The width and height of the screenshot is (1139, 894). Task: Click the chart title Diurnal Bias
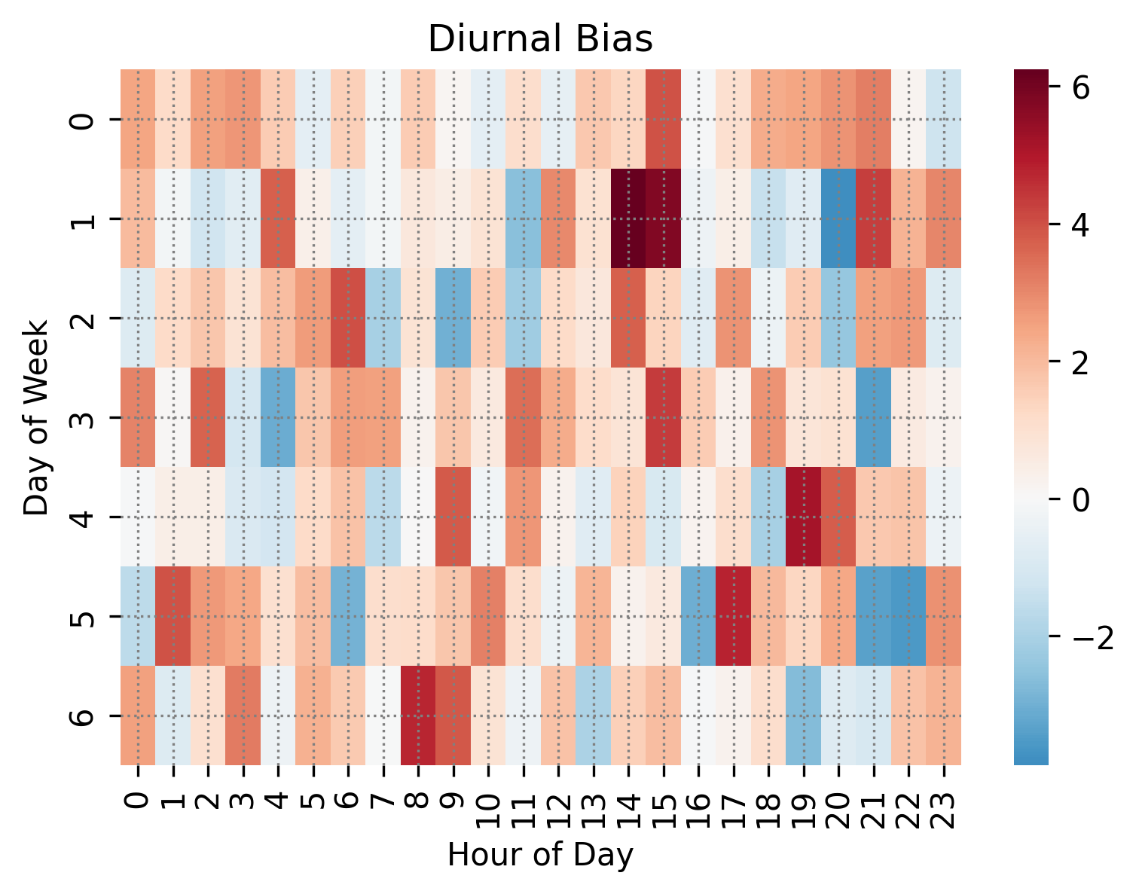coord(540,40)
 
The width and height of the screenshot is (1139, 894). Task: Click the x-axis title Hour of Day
coord(540,856)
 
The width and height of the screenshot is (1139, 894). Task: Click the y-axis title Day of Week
coord(35,417)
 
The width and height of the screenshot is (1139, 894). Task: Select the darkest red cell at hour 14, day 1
coord(628,218)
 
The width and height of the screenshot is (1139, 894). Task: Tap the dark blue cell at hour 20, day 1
coord(838,218)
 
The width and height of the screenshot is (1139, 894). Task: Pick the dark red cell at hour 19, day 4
coord(803,517)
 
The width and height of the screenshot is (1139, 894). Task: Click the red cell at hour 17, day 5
coord(733,616)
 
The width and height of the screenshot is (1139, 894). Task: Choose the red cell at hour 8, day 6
coord(418,716)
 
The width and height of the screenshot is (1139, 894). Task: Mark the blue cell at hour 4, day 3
coord(278,417)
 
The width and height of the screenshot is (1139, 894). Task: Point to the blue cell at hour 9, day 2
coord(453,318)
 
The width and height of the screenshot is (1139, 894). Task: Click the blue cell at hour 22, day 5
coord(908,616)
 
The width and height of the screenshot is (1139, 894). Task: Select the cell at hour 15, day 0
coord(663,119)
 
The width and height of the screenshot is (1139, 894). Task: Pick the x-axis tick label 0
coord(138,797)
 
